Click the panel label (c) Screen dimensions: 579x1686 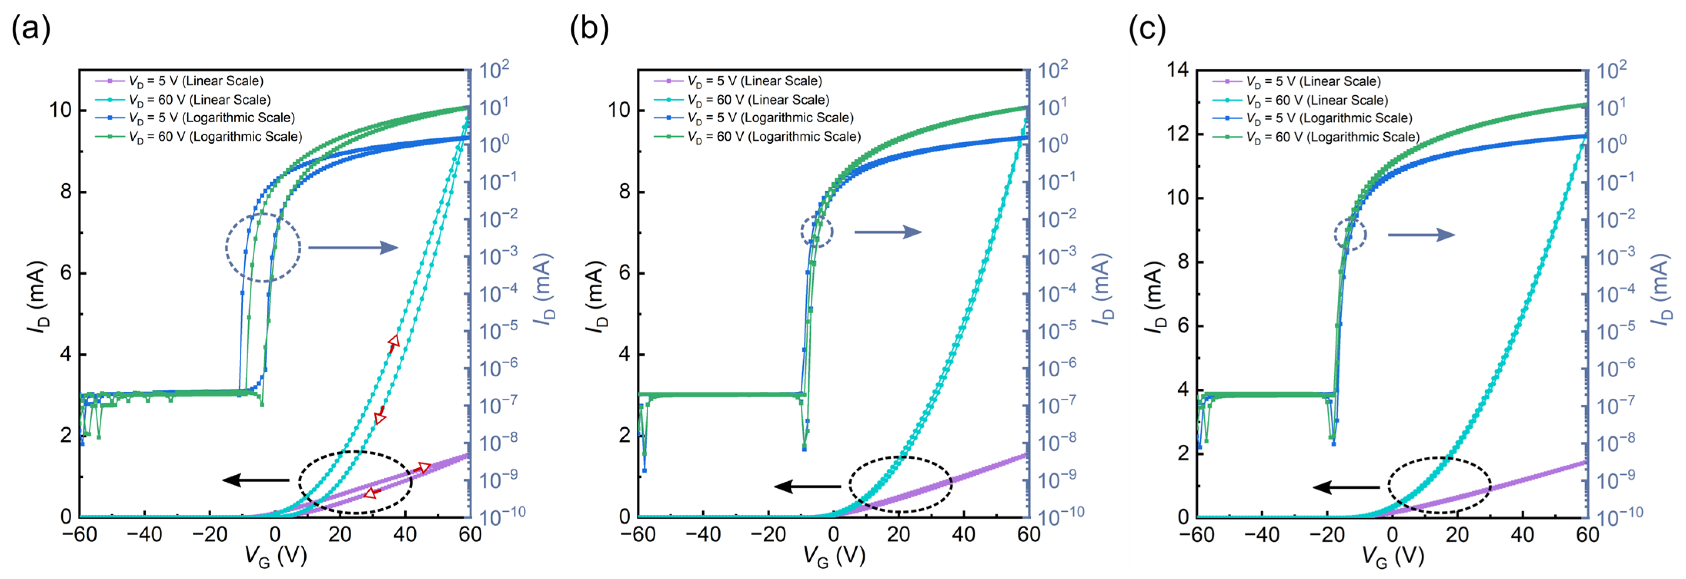1147,30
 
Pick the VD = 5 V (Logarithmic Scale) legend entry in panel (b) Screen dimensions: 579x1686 769,118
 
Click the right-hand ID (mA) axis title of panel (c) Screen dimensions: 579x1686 1663,288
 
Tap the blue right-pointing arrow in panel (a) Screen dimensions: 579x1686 354,247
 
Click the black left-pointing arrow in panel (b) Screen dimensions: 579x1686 807,486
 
